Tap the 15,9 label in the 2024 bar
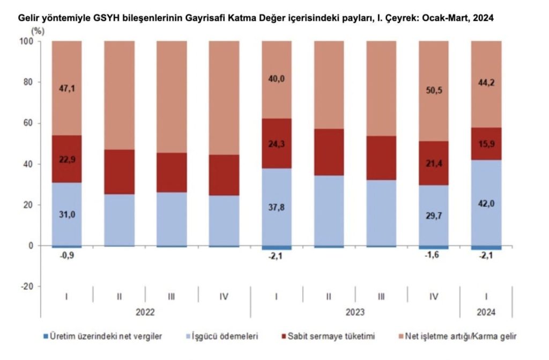[x=486, y=144]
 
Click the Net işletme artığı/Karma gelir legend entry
[x=460, y=336]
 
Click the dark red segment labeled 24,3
[x=276, y=144]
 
